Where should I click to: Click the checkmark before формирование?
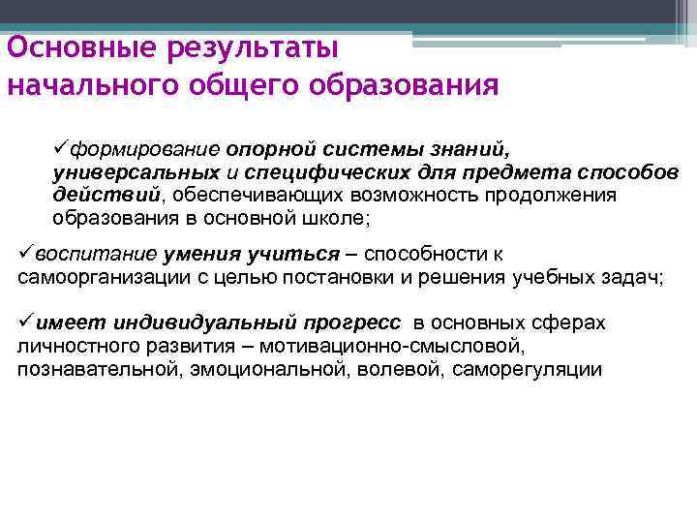(x=61, y=151)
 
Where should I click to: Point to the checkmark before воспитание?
(x=27, y=255)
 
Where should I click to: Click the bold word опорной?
(x=273, y=151)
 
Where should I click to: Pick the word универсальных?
(x=135, y=173)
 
